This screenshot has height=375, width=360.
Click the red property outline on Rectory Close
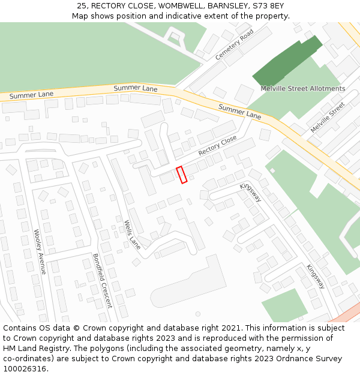[x=182, y=175]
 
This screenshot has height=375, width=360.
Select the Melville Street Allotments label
[x=302, y=89]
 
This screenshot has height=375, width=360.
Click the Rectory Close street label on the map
[x=217, y=145]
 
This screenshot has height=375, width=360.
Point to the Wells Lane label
[x=132, y=235]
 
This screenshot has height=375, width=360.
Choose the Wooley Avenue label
[x=40, y=252]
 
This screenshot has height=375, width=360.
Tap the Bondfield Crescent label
[x=102, y=280]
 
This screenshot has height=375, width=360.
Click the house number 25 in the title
[x=82, y=5]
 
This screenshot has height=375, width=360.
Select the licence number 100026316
[x=24, y=369]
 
